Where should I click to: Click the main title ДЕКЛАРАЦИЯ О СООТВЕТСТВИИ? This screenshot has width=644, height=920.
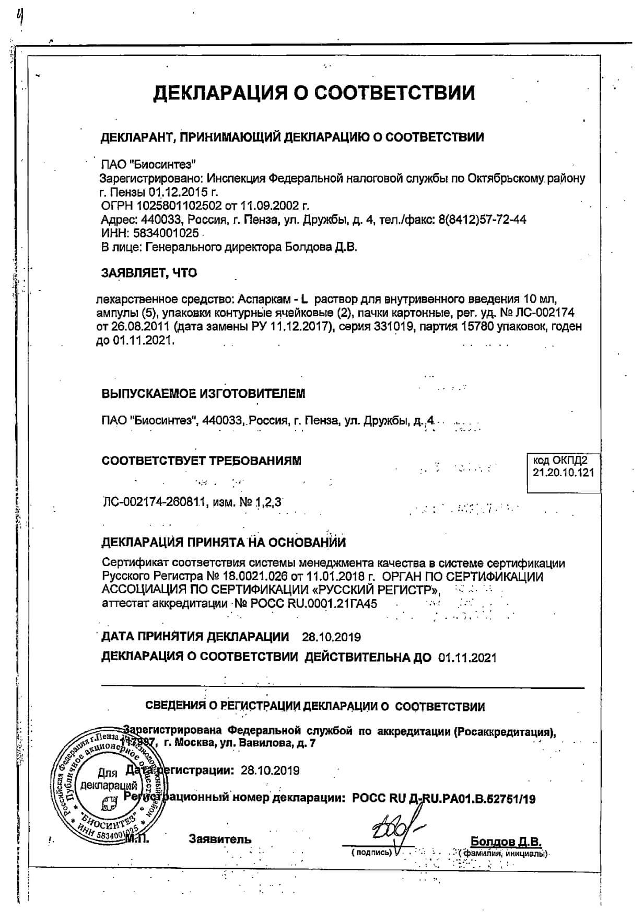click(x=314, y=93)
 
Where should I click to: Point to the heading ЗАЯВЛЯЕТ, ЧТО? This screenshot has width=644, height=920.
click(x=149, y=273)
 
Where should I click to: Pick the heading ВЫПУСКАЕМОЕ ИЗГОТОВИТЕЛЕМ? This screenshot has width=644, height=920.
click(x=203, y=394)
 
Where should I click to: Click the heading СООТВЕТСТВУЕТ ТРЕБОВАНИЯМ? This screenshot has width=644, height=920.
click(x=202, y=461)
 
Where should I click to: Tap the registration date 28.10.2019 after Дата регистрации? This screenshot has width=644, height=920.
click(x=270, y=770)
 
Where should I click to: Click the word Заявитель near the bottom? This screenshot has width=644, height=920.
click(x=220, y=839)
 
